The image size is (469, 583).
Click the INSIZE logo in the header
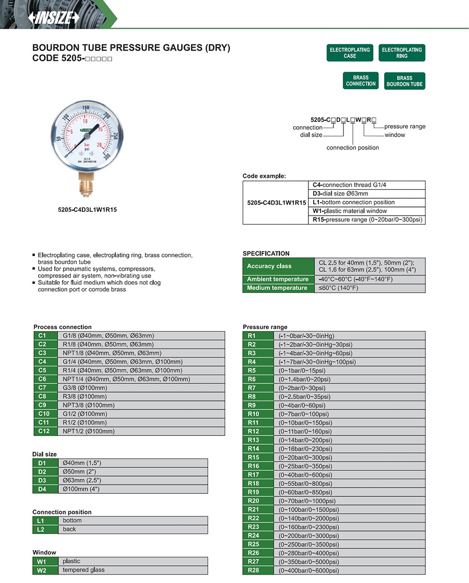coord(54,17)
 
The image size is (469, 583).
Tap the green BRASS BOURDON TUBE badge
coord(404,81)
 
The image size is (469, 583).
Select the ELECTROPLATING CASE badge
coord(350,53)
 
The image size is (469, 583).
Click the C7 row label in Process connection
coord(42,388)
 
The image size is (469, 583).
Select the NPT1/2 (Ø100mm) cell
coord(143,431)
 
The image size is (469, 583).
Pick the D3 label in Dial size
coord(42,480)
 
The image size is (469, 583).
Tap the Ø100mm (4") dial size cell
coord(134,489)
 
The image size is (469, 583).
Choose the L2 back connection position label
coord(41,529)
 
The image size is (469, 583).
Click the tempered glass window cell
coord(134,570)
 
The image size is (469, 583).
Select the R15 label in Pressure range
coord(253,457)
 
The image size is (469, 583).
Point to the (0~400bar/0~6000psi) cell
coord(349,570)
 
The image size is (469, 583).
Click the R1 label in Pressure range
coord(252,336)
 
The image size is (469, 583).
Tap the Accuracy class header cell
coord(278,266)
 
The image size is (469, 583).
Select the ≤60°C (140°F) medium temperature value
coord(369,288)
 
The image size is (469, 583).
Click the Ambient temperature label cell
coord(278,280)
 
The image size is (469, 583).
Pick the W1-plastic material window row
coord(367,211)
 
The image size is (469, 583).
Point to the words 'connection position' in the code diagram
coord(353,148)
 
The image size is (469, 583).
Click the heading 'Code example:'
coord(264,176)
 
